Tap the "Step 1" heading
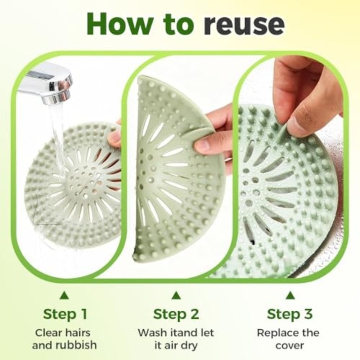point(65,314)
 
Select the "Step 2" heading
point(176,314)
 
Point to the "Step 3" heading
point(289,314)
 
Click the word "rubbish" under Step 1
point(76,345)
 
